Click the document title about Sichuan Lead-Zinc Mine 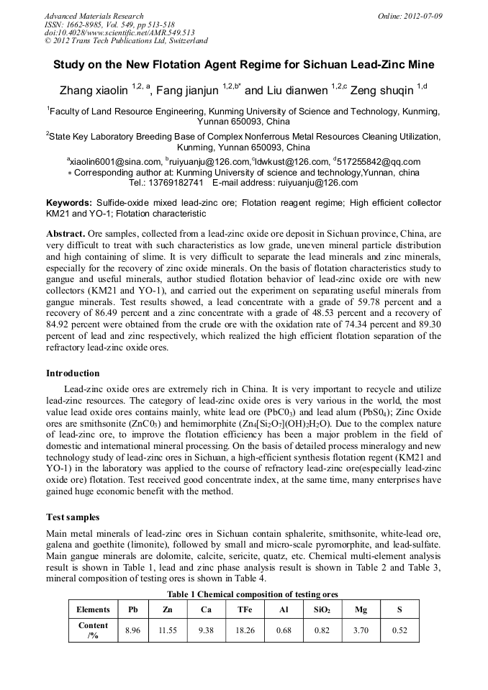coord(243,64)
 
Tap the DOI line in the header coord(119,33)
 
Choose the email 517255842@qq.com coord(379,162)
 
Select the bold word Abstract coord(65,235)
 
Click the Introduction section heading coord(73,373)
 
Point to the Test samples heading coord(73,517)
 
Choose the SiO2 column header coord(322,609)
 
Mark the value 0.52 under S coord(399,630)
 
